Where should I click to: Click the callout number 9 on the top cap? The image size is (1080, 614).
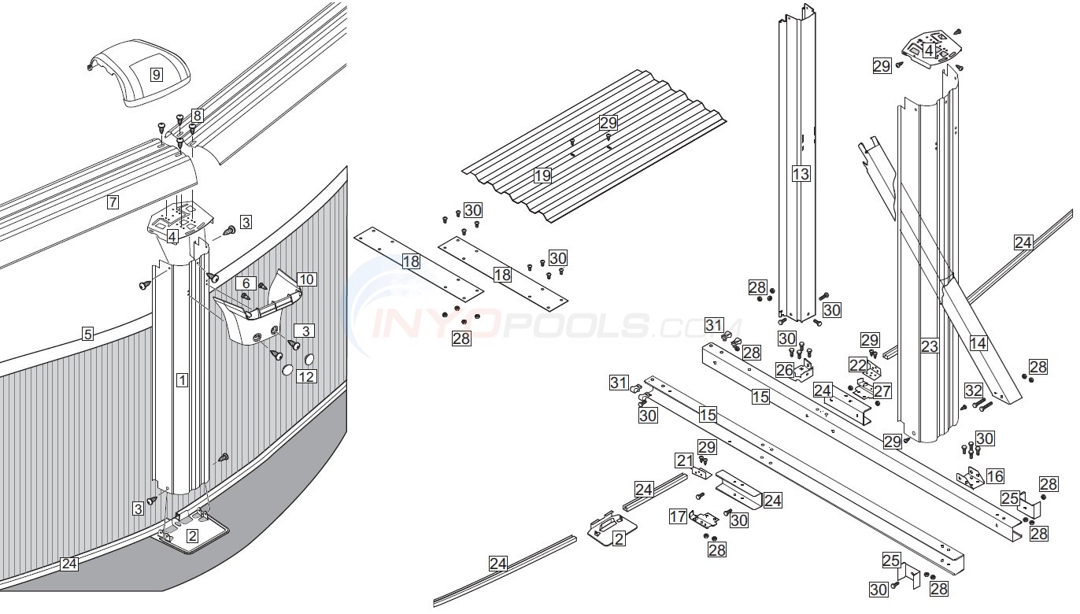point(157,75)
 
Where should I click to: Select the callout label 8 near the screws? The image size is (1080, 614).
point(197,116)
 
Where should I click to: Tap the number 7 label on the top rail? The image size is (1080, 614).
point(113,202)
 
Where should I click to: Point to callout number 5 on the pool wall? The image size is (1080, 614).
point(88,334)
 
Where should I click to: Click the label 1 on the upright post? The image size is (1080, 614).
point(182,381)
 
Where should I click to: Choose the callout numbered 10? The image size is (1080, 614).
point(306,279)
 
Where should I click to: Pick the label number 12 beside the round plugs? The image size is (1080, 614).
point(305,377)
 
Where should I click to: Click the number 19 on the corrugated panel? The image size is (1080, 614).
point(542,176)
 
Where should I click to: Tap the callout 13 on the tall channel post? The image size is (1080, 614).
point(801,174)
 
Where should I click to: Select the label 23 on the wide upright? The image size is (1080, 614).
point(930,346)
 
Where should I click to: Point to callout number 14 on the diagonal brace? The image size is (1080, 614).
point(978,342)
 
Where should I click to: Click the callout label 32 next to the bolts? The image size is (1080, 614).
point(974,390)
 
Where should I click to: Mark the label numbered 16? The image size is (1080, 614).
point(995,475)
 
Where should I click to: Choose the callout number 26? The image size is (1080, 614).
point(785,368)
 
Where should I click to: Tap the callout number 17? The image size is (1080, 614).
point(678,516)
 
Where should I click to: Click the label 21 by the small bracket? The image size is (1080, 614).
point(685,460)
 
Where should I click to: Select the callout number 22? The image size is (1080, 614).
point(857,364)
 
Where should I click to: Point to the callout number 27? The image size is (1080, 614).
point(882,390)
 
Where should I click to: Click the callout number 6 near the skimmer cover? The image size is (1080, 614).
point(246,283)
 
